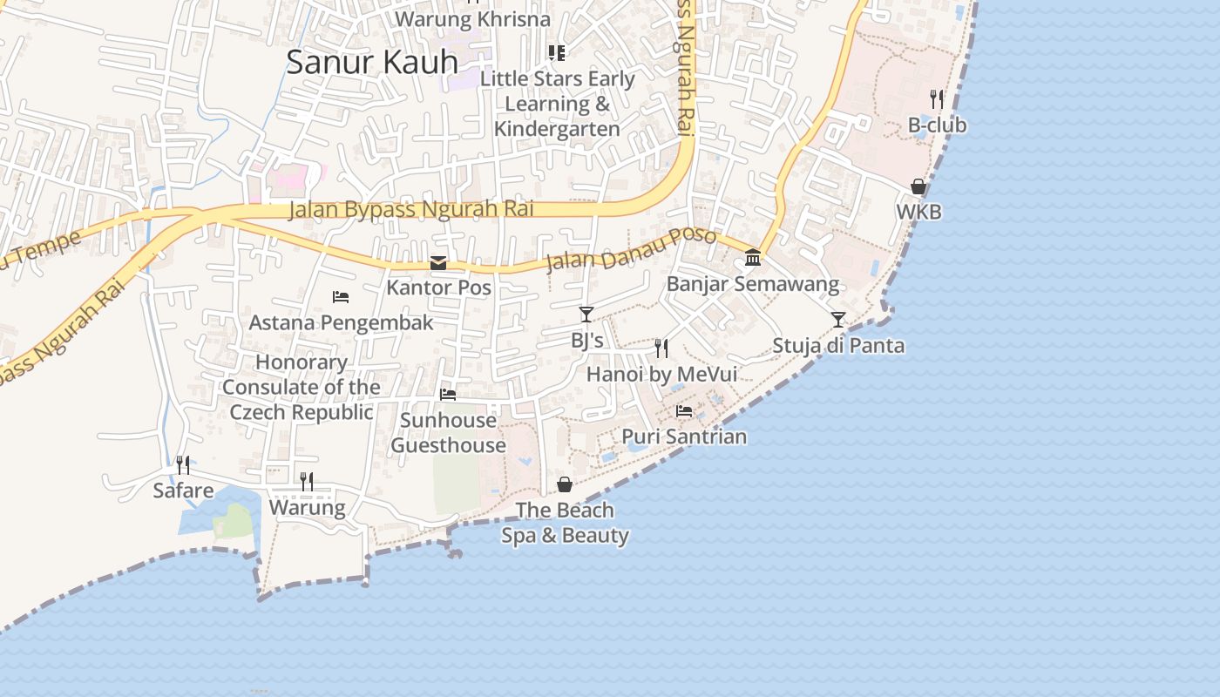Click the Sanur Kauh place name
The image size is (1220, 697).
[372, 62]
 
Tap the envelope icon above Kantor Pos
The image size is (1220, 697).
[438, 262]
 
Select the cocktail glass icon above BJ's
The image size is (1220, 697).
[586, 315]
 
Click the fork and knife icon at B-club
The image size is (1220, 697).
[937, 98]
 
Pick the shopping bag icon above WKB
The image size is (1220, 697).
[918, 186]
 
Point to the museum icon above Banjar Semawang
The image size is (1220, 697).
[753, 258]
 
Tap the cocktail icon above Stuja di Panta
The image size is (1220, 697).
[838, 320]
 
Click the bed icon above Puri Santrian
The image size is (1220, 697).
[684, 410]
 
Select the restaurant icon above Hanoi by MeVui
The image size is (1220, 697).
[661, 348]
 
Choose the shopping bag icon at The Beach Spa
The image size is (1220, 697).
[565, 484]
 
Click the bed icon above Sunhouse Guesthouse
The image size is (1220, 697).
[448, 395]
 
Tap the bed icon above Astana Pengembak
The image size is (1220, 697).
[341, 297]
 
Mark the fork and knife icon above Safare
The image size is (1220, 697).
[183, 465]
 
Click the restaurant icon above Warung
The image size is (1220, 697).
[307, 482]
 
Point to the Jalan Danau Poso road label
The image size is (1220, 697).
[631, 249]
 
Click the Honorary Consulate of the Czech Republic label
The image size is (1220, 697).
[302, 387]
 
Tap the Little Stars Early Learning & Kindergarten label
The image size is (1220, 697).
[558, 104]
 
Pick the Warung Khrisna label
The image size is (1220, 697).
[472, 19]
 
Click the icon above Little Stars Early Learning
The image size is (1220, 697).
[557, 53]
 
